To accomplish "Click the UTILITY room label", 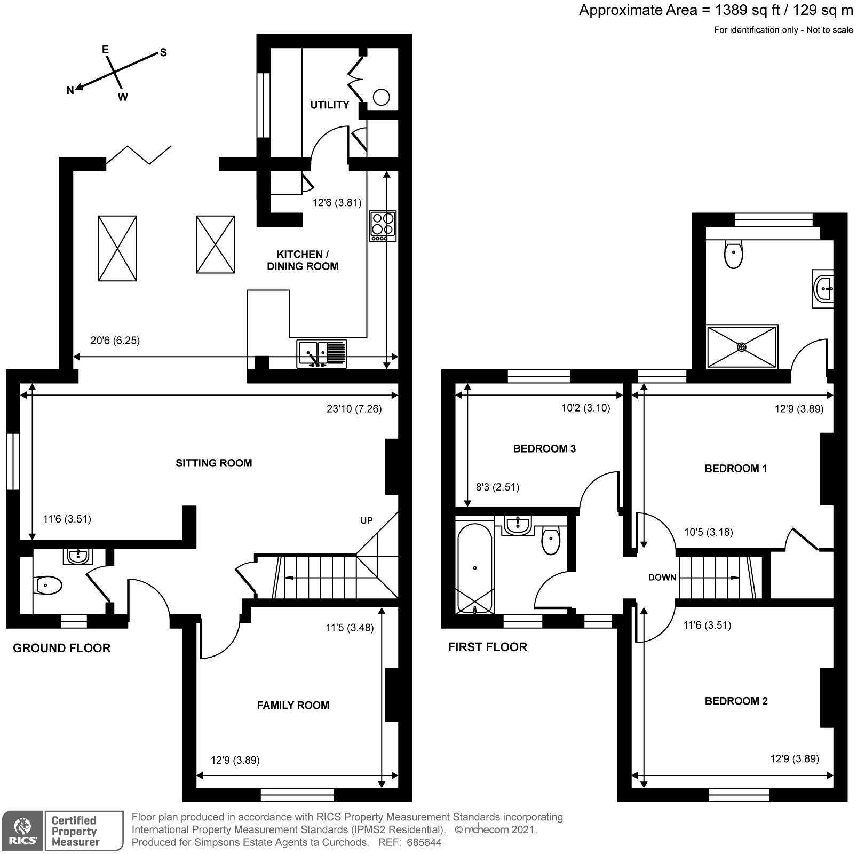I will coord(329,105).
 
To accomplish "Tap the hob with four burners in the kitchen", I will coord(383,225).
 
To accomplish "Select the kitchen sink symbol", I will coord(322,354).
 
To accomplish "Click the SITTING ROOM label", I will coord(213,463).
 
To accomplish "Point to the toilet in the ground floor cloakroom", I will coord(47,586).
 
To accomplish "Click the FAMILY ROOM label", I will coord(293,705).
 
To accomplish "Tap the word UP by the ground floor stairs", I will coord(366,520).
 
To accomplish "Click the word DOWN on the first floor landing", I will coord(662,577).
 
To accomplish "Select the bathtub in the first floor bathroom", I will coord(474,568).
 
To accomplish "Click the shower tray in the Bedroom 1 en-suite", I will coord(741,347).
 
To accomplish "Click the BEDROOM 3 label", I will coord(544,448).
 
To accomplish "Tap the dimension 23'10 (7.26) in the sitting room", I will coord(354,409).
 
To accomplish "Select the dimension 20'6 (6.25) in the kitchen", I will coord(115,340).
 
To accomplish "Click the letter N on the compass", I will coord(70,91).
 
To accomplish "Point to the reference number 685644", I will coord(424,843).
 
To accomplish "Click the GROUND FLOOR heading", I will coord(61,648).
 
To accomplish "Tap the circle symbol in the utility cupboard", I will coord(381,97).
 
